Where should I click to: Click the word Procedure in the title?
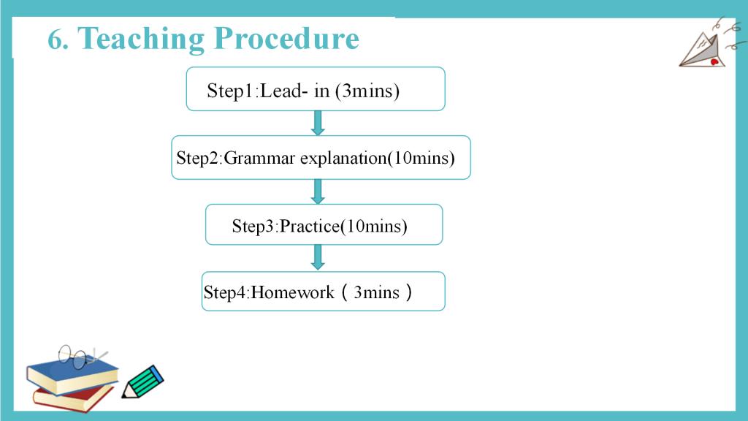(x=286, y=38)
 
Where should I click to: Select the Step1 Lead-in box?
(x=316, y=89)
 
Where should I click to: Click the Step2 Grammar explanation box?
(x=321, y=158)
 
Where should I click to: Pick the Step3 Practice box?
(x=324, y=225)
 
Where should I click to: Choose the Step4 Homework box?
(x=323, y=292)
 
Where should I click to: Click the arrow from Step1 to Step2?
(x=318, y=123)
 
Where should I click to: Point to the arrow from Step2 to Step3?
(x=318, y=192)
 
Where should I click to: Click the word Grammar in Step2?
(x=259, y=158)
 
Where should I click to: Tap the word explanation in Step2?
(x=343, y=158)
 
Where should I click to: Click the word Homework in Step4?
(x=292, y=292)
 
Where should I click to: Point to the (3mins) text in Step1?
(x=367, y=91)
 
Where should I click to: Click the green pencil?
(x=142, y=382)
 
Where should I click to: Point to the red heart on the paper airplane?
(x=714, y=62)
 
